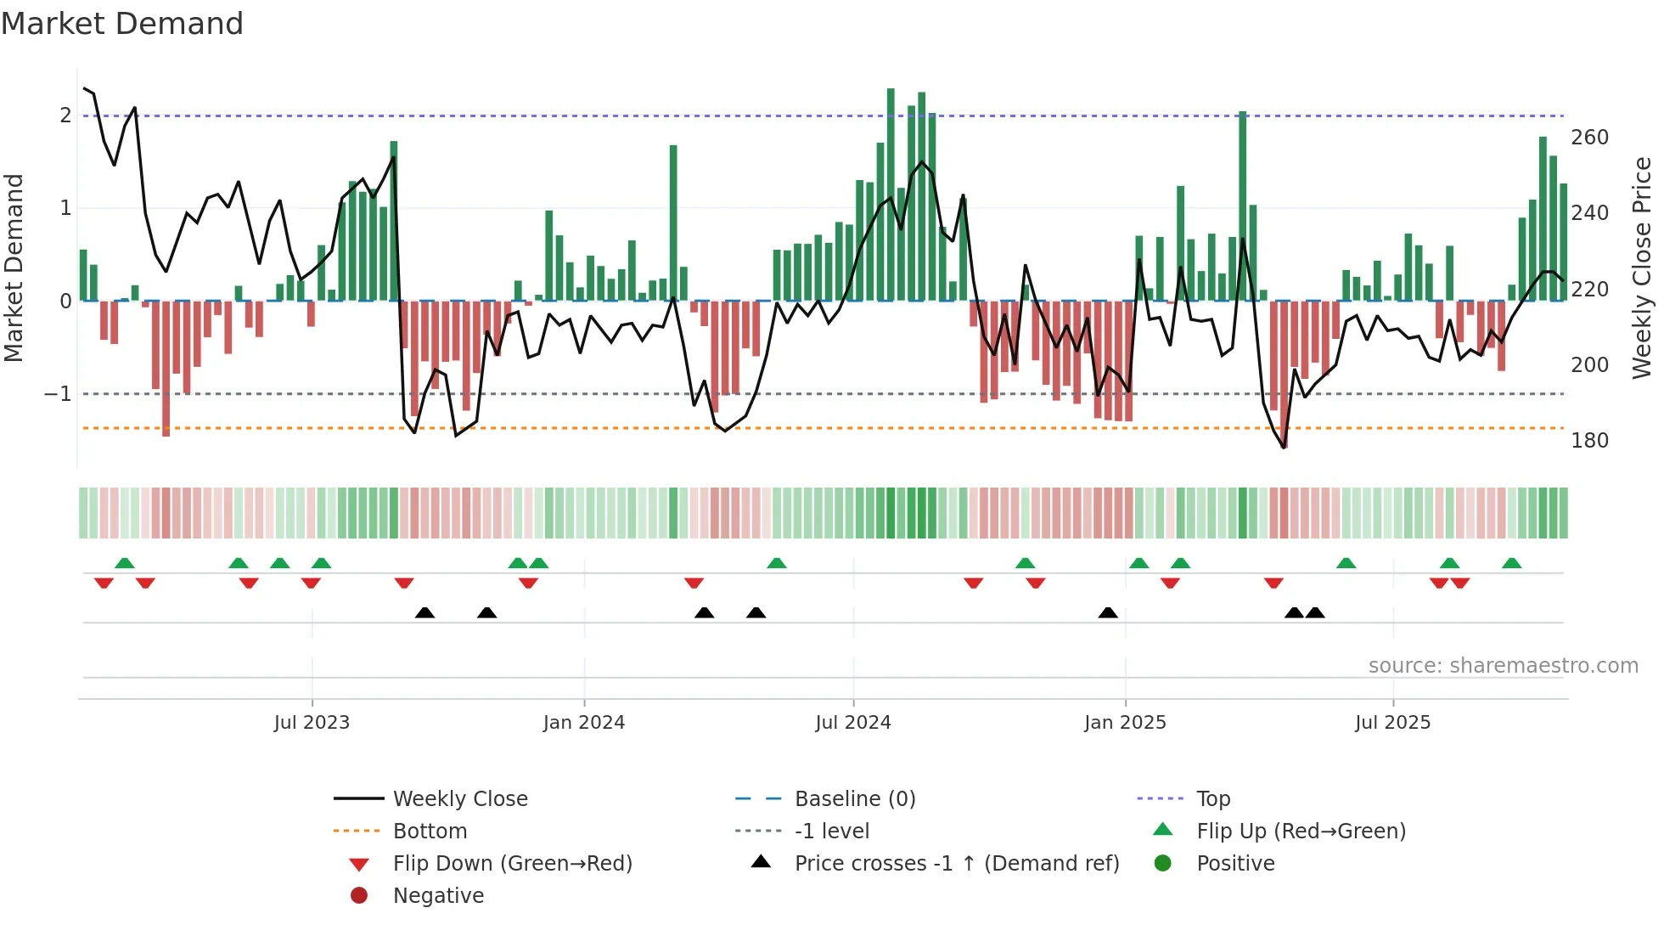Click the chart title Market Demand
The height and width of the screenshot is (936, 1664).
pos(122,24)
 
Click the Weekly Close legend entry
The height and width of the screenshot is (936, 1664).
pos(459,798)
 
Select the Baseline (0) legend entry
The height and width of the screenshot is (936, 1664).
pos(854,798)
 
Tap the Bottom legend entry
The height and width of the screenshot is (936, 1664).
pos(430,831)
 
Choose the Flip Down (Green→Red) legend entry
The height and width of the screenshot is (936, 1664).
pos(512,863)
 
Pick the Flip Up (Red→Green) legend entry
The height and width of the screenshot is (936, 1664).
pos(1301,831)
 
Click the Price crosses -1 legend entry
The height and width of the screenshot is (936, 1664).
pos(956,863)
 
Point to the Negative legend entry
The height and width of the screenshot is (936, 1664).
pos(438,895)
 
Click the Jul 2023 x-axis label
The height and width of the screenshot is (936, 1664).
pos(312,722)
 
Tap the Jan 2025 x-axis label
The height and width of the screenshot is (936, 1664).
pos(1125,722)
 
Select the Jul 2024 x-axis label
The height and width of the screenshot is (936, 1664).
pos(853,722)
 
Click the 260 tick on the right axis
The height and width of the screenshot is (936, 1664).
pos(1589,137)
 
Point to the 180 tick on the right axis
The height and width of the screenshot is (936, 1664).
pos(1589,440)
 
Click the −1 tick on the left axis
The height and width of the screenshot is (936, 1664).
pos(58,393)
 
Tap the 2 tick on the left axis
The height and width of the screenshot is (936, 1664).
pos(65,115)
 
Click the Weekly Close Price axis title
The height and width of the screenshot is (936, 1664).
pos(1642,268)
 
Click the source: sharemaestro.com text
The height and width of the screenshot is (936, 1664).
pos(1503,665)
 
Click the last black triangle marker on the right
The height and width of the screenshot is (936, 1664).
pos(1315,612)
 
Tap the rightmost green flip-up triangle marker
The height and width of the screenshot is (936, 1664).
pos(1511,563)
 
